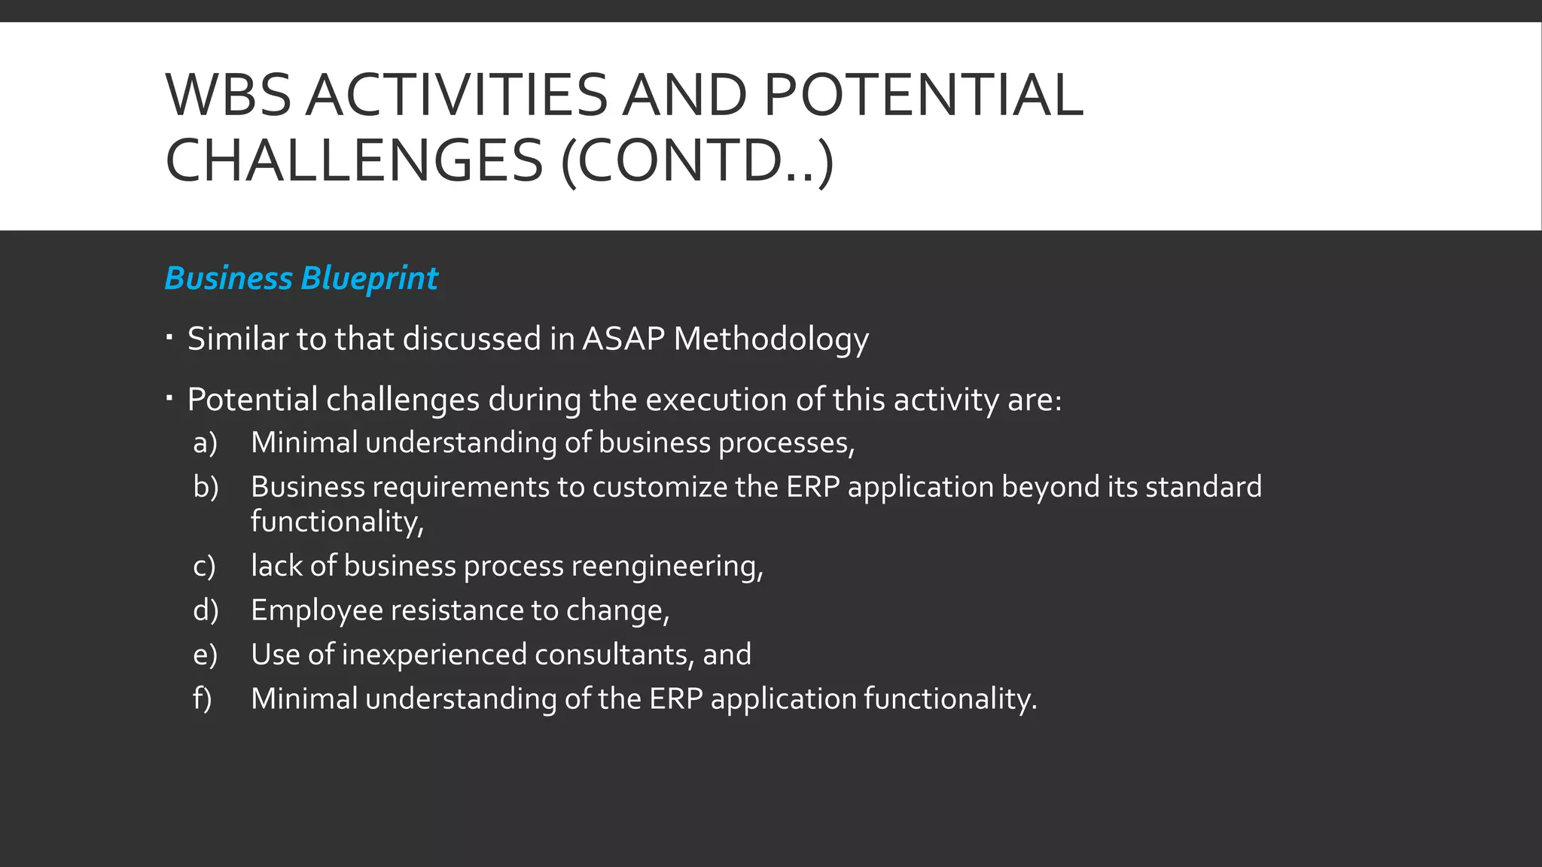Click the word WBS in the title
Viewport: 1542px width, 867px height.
[x=228, y=96]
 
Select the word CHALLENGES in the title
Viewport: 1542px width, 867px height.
[x=354, y=160]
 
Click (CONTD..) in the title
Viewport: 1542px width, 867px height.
[x=697, y=160]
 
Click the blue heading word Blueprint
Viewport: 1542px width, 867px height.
[x=369, y=278]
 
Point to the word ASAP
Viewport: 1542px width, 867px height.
[x=623, y=339]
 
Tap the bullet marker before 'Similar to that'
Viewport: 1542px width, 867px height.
[x=170, y=336]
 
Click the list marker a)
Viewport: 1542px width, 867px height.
[x=205, y=443]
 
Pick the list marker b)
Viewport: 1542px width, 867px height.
[x=206, y=487]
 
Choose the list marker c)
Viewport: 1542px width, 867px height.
[x=204, y=566]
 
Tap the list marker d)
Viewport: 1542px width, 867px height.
[x=206, y=610]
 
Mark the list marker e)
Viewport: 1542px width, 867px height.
[x=205, y=655]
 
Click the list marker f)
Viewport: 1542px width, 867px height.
[x=203, y=699]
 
